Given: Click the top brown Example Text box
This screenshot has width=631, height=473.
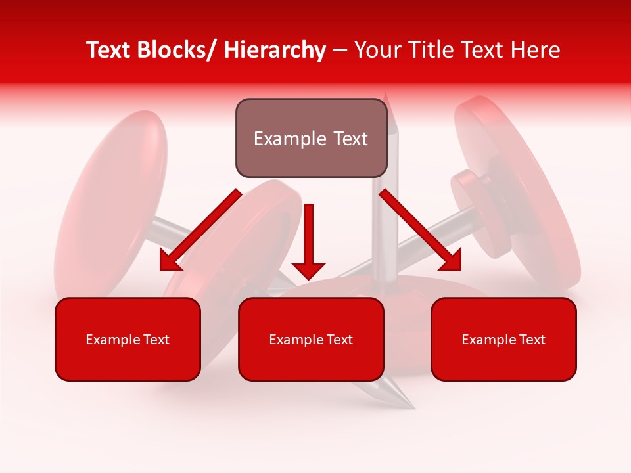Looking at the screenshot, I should pyautogui.click(x=311, y=138).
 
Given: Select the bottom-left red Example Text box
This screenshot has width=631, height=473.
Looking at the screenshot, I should pyautogui.click(x=128, y=339).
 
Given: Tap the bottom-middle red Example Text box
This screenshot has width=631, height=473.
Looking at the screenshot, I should pyautogui.click(x=311, y=339).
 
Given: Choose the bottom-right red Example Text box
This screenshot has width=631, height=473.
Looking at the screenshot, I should pyautogui.click(x=503, y=339).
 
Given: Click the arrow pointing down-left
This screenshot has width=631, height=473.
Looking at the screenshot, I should pyautogui.click(x=197, y=231).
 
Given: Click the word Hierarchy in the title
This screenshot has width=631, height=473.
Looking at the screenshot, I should pyautogui.click(x=275, y=50).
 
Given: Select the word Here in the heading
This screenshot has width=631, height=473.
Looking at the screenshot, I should pyautogui.click(x=537, y=50).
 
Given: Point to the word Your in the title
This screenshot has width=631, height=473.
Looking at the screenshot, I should pyautogui.click(x=377, y=50).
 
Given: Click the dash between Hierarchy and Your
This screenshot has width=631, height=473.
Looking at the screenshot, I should pyautogui.click(x=340, y=51).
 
